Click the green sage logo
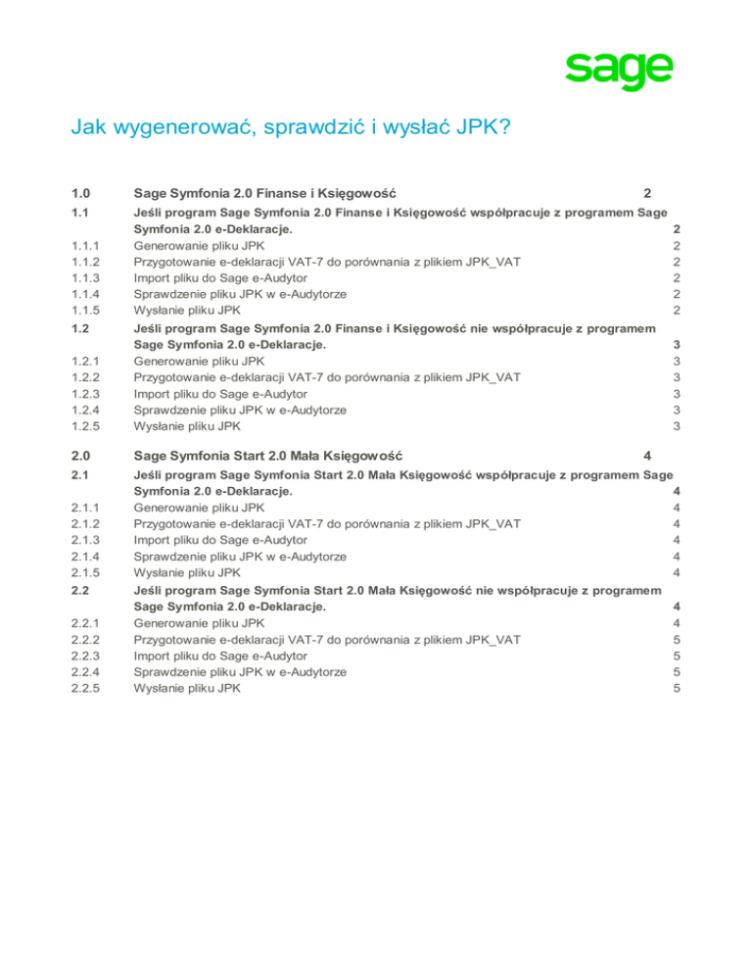click(x=619, y=71)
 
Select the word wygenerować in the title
click(x=175, y=128)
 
